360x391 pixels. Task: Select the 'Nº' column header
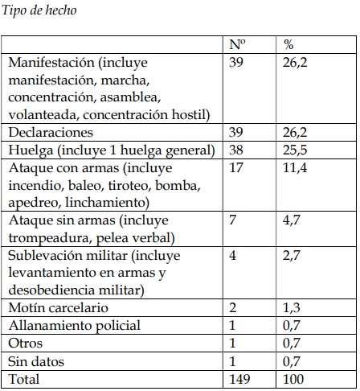237,46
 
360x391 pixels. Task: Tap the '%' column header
289,46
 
